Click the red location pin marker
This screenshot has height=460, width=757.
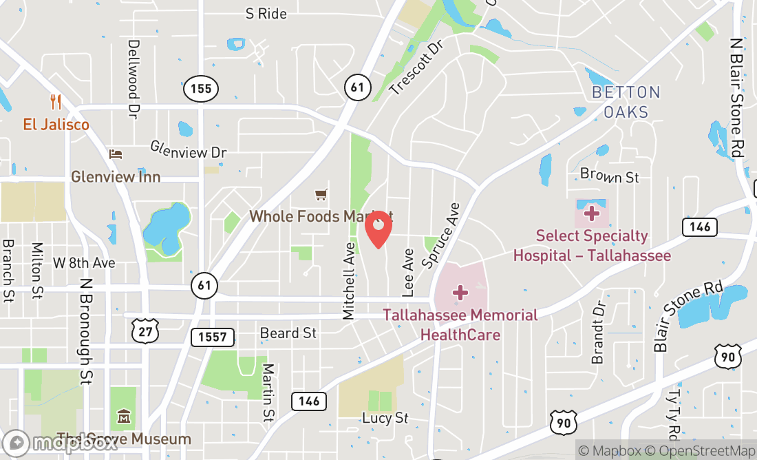pyautogui.click(x=378, y=228)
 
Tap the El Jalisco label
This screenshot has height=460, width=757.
pyautogui.click(x=56, y=125)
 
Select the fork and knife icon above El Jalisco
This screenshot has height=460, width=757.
pyautogui.click(x=56, y=103)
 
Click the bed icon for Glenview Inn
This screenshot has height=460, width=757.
pyautogui.click(x=116, y=154)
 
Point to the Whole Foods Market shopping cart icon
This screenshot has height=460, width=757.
pyautogui.click(x=321, y=195)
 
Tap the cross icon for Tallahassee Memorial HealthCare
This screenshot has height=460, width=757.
pyautogui.click(x=460, y=293)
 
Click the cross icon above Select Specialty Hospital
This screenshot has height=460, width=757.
pyautogui.click(x=591, y=213)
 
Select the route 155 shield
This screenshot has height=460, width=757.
pyautogui.click(x=201, y=88)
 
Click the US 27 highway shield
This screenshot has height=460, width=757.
pyautogui.click(x=145, y=333)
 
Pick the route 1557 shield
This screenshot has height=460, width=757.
pyautogui.click(x=213, y=337)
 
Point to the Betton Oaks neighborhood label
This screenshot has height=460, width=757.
pyautogui.click(x=626, y=101)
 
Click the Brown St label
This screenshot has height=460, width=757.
pyautogui.click(x=610, y=176)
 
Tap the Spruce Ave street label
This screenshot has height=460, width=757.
pyautogui.click(x=440, y=235)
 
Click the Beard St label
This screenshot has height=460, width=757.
pyautogui.click(x=288, y=333)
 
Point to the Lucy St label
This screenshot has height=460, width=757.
pyautogui.click(x=385, y=418)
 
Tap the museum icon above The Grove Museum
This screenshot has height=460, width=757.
pyautogui.click(x=123, y=416)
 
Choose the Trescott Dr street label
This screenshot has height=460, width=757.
pyautogui.click(x=414, y=66)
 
